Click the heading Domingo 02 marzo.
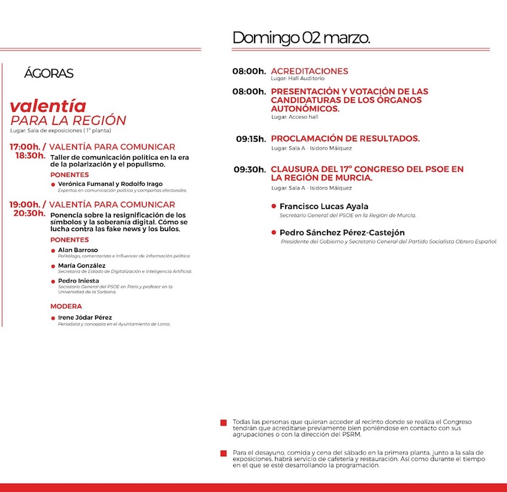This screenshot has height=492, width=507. point(301,38)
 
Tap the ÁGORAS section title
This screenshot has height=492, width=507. point(49,73)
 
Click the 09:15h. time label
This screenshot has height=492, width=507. point(251,139)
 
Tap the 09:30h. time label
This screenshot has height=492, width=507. point(249,170)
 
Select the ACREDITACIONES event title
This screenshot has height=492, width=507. point(309,71)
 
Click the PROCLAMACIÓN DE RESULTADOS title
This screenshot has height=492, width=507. point(345,139)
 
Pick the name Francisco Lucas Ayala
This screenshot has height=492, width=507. point(324,207)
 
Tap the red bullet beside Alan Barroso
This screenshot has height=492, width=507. point(53,251)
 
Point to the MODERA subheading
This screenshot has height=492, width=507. point(66,306)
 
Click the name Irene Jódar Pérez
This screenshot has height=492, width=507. point(85,317)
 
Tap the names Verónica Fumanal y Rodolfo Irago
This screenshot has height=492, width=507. point(110,184)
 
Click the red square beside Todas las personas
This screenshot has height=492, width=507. point(224,423)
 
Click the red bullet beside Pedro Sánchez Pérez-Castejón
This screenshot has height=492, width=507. point(274,232)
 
